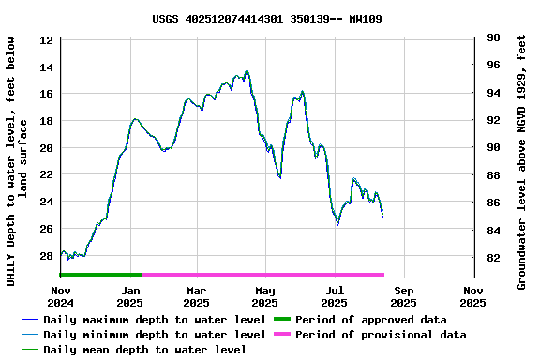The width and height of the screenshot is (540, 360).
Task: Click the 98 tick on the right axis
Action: click(x=493, y=37)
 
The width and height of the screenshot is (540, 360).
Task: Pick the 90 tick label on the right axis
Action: click(x=493, y=147)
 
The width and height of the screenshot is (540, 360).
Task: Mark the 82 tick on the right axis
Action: click(x=493, y=258)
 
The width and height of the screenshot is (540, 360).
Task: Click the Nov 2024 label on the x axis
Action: click(x=61, y=296)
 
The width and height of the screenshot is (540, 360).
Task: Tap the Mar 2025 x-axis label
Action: click(x=197, y=296)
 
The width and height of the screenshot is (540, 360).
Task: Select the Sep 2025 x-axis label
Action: click(x=403, y=296)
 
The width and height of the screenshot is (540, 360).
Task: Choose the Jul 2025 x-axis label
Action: click(x=335, y=296)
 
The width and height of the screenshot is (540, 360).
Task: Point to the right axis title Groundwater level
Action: click(x=522, y=161)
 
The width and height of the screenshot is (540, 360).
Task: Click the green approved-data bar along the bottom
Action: click(x=101, y=275)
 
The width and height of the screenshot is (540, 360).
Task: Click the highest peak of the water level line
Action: click(x=247, y=71)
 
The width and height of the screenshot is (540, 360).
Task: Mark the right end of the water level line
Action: click(x=382, y=217)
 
